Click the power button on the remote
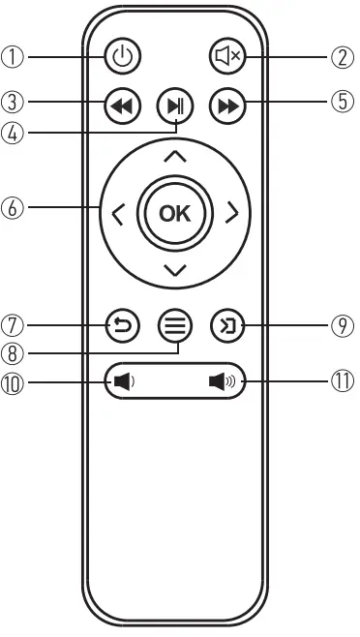point(121,56)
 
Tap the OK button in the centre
point(175,214)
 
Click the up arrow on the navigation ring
point(175,155)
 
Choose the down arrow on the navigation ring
point(175,270)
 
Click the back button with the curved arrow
point(121,326)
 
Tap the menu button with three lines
point(175,326)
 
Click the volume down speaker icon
point(123,380)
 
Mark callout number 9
point(344,326)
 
